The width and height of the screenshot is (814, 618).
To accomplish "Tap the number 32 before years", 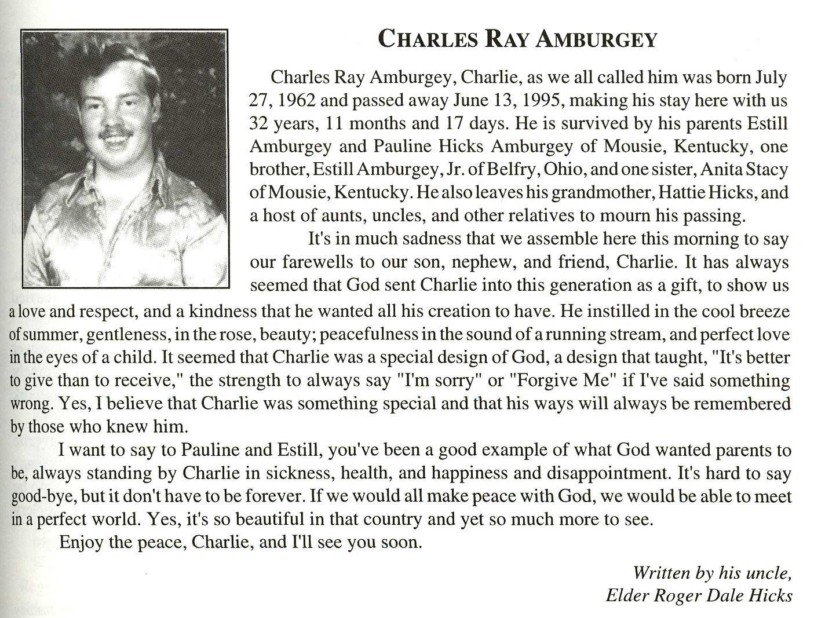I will (x=259, y=123).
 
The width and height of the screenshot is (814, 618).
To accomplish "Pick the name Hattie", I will (x=691, y=192).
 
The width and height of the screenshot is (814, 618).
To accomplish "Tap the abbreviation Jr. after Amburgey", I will (x=451, y=169).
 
